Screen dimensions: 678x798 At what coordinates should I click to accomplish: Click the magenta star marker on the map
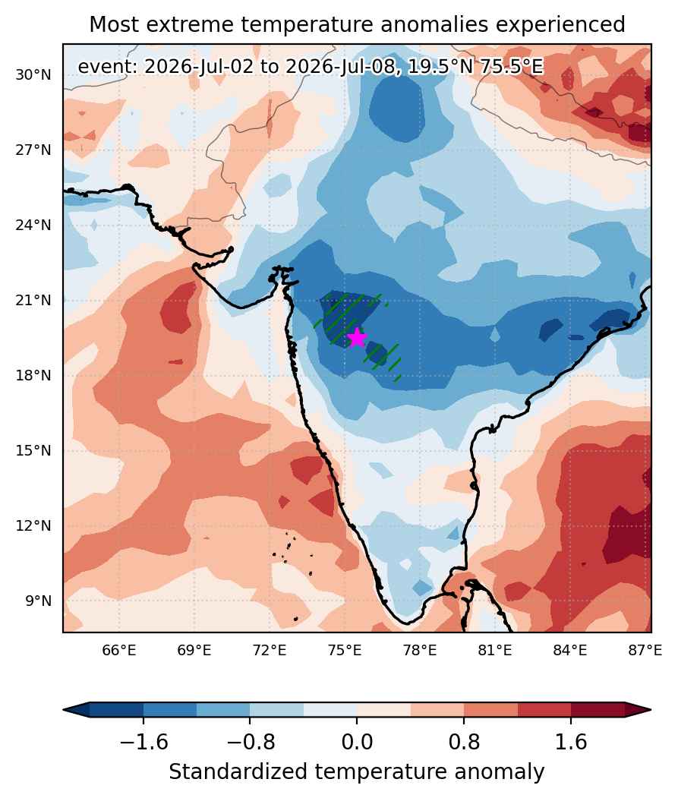click(x=357, y=337)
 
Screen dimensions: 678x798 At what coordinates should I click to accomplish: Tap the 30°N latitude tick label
click(x=33, y=75)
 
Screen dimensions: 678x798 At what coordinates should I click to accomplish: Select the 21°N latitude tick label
click(x=33, y=300)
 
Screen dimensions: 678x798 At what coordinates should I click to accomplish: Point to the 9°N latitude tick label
click(x=39, y=601)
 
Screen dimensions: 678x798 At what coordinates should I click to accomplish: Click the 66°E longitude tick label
click(x=119, y=650)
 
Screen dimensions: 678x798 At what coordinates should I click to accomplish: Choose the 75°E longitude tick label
click(x=345, y=650)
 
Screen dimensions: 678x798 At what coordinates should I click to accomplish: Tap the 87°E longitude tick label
click(x=645, y=650)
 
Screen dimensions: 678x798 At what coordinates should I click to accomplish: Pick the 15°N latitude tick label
click(x=33, y=450)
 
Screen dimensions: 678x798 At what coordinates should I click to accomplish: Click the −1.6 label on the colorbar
click(x=143, y=742)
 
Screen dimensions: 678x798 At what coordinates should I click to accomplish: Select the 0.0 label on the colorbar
click(x=357, y=742)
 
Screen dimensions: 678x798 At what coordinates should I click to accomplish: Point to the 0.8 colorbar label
click(x=464, y=742)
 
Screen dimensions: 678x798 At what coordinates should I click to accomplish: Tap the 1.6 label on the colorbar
click(x=571, y=742)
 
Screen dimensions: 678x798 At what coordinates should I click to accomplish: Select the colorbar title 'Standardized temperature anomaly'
click(x=356, y=772)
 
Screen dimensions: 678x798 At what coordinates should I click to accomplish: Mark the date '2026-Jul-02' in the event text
click(x=198, y=67)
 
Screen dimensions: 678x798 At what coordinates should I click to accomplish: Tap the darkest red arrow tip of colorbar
click(x=639, y=709)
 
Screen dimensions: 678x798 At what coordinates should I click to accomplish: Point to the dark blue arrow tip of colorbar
click(x=77, y=709)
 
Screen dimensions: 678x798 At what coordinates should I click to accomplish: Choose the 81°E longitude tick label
click(x=495, y=650)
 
